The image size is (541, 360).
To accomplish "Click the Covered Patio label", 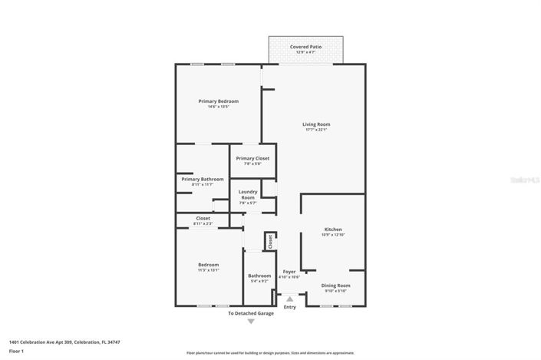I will click(x=305, y=47).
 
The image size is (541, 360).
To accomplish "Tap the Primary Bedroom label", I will click(x=218, y=101).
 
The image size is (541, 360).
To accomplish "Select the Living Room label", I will click(x=315, y=124).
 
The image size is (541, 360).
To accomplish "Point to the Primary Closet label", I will click(x=252, y=158).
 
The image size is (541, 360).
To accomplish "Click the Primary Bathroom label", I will click(x=203, y=179).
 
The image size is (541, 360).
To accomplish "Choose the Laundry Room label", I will click(x=247, y=194).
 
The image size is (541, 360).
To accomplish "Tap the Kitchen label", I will click(x=332, y=229).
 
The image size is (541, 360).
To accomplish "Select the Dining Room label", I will click(x=335, y=285).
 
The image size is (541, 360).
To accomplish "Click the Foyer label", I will click(x=289, y=271).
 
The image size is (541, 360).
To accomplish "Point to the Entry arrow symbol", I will click(x=289, y=299).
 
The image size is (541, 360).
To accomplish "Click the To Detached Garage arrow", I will click(x=250, y=322).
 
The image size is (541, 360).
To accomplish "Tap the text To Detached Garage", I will click(x=250, y=313).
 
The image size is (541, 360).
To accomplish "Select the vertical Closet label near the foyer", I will click(x=270, y=240).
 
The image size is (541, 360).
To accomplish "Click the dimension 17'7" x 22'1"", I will click(x=315, y=130).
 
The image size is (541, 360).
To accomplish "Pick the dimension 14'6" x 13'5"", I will click(x=218, y=107).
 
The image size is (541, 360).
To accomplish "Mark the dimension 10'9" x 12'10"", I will click(x=332, y=235).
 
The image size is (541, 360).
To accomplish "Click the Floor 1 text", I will click(x=16, y=351).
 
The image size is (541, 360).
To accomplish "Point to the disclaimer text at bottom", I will click(x=270, y=353).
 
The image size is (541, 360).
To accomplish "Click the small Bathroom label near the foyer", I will click(x=259, y=275).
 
